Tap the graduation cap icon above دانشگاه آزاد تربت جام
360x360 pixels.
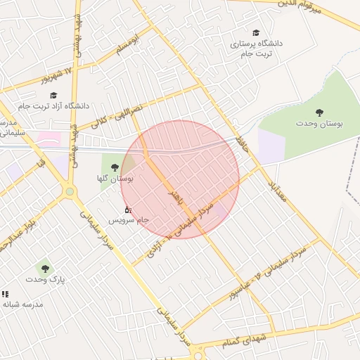[x=53, y=95]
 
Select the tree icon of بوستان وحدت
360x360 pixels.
[x=320, y=112]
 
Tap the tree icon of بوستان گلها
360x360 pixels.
[x=115, y=167]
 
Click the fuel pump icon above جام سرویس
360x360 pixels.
[x=127, y=210]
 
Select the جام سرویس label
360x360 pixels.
[x=129, y=220]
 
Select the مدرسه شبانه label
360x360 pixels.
[x=23, y=304]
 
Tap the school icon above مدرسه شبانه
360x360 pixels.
[x=6, y=294]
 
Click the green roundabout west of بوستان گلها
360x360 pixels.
[x=70, y=191]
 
